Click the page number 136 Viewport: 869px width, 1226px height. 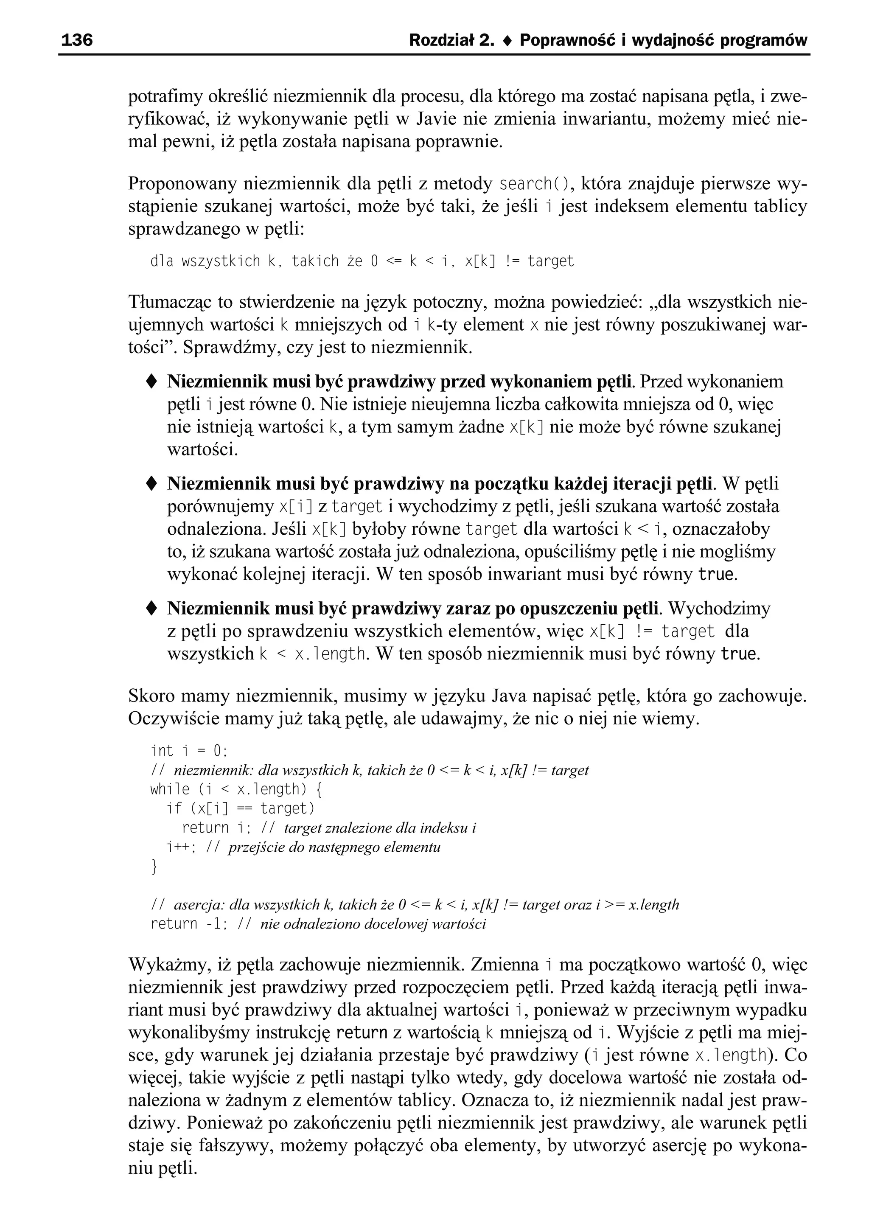[77, 40]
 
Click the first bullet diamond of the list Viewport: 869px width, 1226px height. [151, 382]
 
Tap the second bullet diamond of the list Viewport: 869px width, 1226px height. [151, 484]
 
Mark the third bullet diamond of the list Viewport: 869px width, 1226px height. [151, 609]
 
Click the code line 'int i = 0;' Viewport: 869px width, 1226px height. [189, 751]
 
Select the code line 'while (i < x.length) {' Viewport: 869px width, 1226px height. [235, 789]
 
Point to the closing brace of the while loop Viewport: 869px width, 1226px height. [154, 867]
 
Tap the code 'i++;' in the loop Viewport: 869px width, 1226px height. [182, 847]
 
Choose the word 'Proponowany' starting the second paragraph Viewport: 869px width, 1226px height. [182, 184]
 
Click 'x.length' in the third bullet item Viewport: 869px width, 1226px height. [330, 654]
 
